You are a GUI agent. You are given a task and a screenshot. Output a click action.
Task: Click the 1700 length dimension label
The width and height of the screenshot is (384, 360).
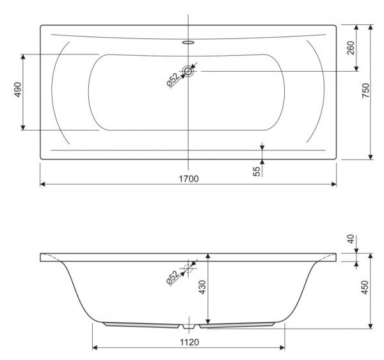click(x=189, y=179)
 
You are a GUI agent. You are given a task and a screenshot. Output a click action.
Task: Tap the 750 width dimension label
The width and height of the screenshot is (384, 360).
click(x=365, y=90)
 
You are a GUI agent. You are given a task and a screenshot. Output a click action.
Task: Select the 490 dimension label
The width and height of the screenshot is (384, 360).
click(x=18, y=90)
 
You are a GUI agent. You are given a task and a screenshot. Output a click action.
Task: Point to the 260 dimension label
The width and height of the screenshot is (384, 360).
click(x=351, y=48)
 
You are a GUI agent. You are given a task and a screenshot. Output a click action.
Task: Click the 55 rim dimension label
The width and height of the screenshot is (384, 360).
click(x=257, y=172)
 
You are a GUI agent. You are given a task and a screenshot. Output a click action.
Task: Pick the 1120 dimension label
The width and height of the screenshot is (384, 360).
click(x=189, y=342)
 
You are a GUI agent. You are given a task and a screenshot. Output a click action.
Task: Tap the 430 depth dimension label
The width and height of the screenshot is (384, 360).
click(x=203, y=287)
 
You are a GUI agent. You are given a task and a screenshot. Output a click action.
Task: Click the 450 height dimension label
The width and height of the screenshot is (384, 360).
click(x=365, y=287)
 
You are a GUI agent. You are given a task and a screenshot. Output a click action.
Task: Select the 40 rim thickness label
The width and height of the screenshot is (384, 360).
click(x=351, y=239)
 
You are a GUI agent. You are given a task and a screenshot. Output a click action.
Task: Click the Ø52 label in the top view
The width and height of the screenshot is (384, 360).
click(x=173, y=80)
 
